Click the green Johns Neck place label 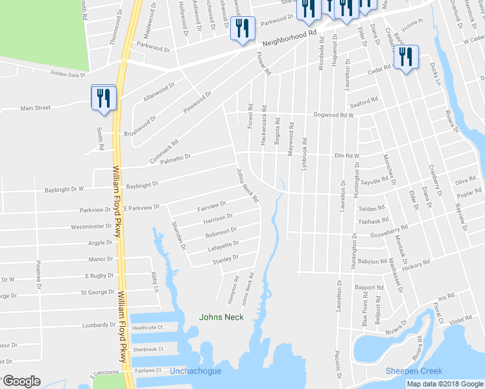pos(220,316)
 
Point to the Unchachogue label pos(195,371)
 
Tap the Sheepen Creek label pos(414,371)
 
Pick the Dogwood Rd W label pos(333,115)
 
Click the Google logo pos(21,381)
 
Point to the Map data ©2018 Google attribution pos(445,384)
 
